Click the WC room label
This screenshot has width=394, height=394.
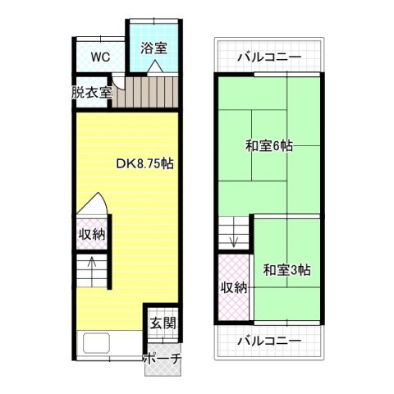pyautogui.click(x=100, y=57)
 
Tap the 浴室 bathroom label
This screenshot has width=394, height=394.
pyautogui.click(x=153, y=48)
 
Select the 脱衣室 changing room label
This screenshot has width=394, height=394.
pyautogui.click(x=91, y=92)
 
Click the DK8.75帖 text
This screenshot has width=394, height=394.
pyautogui.click(x=144, y=163)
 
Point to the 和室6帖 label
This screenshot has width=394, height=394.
pyautogui.click(x=268, y=147)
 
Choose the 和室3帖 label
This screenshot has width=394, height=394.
pyautogui.click(x=286, y=269)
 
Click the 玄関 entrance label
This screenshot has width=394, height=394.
pyautogui.click(x=161, y=323)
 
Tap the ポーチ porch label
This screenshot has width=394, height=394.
pyautogui.click(x=161, y=359)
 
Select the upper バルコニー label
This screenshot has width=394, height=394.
pyautogui.click(x=268, y=57)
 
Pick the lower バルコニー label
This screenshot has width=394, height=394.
pyautogui.click(x=268, y=341)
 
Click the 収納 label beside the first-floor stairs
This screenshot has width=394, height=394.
pyautogui.click(x=92, y=234)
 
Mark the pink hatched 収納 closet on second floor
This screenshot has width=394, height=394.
pyautogui.click(x=234, y=288)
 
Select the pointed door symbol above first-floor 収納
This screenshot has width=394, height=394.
pyautogui.click(x=92, y=205)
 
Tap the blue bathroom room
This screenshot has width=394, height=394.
pyautogui.click(x=153, y=57)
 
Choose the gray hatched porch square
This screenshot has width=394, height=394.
pyautogui.click(x=161, y=368)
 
